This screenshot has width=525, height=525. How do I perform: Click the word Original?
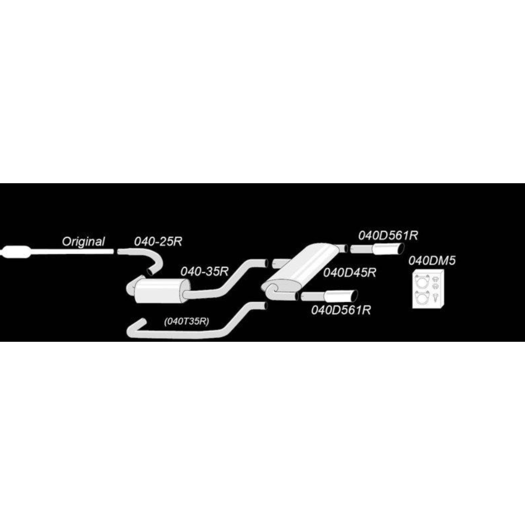(83, 241)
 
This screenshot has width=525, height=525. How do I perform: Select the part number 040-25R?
(158, 241)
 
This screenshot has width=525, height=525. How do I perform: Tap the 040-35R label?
(204, 271)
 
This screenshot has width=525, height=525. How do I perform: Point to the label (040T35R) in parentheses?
(186, 321)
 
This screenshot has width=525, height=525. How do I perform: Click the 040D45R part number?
(350, 272)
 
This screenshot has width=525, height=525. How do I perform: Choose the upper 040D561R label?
(388, 235)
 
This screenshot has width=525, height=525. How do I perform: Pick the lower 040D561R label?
(341, 310)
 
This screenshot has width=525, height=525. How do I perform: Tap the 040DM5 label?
(432, 260)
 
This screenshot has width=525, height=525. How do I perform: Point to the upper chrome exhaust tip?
(388, 249)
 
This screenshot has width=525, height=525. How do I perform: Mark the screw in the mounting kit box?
(435, 297)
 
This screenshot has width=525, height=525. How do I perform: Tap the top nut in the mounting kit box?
(435, 278)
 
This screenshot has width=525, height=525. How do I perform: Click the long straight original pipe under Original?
(72, 251)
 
